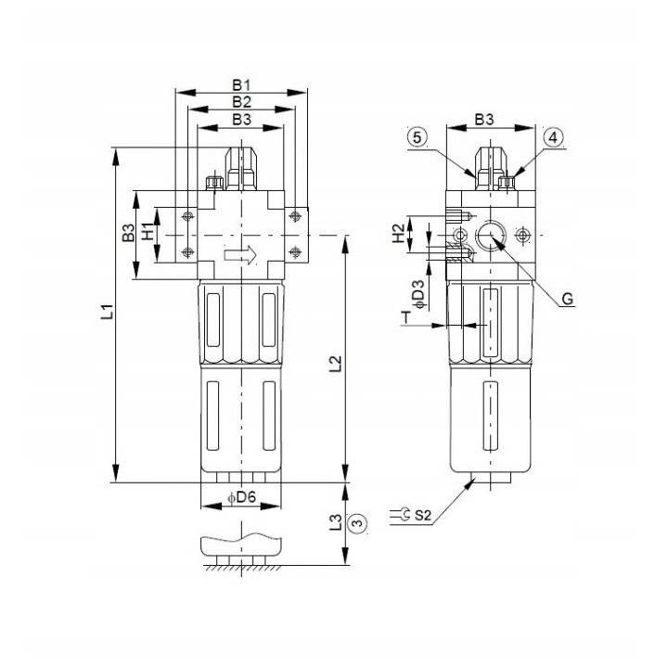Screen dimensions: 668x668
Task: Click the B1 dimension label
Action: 241,85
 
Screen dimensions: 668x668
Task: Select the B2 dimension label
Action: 241,102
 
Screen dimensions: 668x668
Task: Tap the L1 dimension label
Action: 109,312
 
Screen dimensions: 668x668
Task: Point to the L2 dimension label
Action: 336,363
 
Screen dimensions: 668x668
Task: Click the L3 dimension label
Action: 336,521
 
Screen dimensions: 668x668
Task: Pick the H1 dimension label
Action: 148,232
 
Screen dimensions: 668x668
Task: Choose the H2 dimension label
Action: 398,234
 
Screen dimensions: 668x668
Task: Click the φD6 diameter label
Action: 241,496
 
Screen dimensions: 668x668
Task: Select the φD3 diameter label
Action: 419,294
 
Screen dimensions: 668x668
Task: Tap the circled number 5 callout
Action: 417,137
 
